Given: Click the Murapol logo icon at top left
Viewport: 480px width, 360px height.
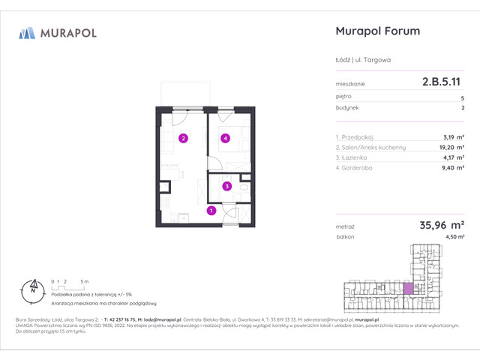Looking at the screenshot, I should point(27,33).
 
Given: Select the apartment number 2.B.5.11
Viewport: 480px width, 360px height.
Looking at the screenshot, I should point(442,84).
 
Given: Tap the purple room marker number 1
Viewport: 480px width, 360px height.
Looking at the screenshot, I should point(211,211).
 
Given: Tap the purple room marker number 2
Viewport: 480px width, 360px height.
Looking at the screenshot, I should point(182,138).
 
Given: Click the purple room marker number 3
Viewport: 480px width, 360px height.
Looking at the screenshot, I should point(226,186).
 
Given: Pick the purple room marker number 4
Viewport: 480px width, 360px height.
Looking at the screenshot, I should point(224,138).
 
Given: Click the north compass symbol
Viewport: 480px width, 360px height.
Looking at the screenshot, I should point(32,286).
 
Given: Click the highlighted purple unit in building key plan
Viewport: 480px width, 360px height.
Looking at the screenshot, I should point(408,288).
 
